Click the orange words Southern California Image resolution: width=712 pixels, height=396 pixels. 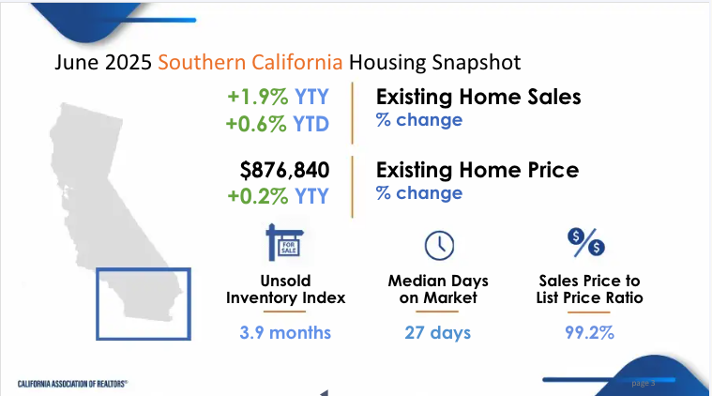point(250,62)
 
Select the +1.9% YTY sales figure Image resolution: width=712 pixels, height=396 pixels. point(278,97)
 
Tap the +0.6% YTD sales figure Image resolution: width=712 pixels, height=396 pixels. point(278,124)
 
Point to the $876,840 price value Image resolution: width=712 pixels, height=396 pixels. point(285,170)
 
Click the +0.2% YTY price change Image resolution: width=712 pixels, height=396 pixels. point(278,196)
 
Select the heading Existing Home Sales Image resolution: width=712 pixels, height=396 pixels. point(478,97)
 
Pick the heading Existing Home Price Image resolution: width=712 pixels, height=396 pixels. point(477,170)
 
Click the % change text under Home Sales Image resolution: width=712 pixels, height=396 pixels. point(419,120)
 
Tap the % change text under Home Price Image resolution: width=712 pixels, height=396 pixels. point(419,193)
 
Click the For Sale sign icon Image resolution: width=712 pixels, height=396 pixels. point(285,242)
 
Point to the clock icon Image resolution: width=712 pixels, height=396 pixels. point(439,246)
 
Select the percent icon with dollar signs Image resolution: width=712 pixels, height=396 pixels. point(585,242)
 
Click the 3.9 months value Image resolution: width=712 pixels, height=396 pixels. point(285,332)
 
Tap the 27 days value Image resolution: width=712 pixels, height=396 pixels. point(438,332)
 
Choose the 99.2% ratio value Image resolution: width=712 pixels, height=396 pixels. point(589,332)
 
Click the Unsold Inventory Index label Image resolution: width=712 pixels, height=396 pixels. point(285,289)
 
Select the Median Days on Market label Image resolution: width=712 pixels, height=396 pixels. point(438,289)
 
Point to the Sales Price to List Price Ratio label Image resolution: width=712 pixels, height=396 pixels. point(589,289)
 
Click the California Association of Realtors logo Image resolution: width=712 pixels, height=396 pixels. point(72,384)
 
